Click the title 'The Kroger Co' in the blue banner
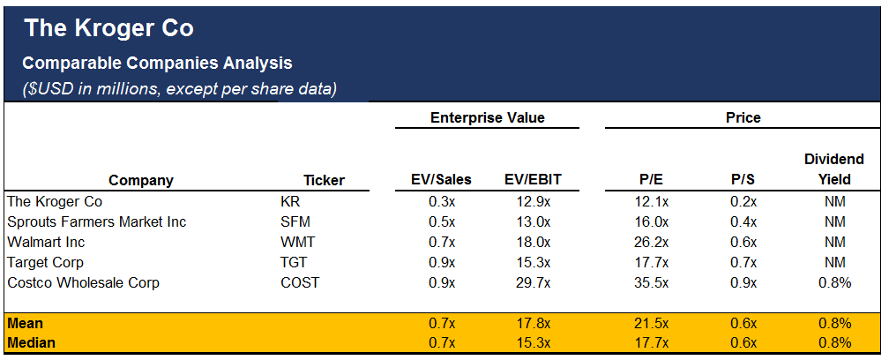pyautogui.click(x=108, y=28)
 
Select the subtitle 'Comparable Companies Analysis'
pyautogui.click(x=157, y=64)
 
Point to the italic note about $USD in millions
pyautogui.click(x=179, y=89)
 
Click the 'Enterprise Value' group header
pyautogui.click(x=487, y=117)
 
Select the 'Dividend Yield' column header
pyautogui.click(x=833, y=169)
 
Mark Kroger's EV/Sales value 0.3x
pyautogui.click(x=441, y=201)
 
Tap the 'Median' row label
pyautogui.click(x=31, y=342)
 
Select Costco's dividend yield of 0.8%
pyautogui.click(x=833, y=282)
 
